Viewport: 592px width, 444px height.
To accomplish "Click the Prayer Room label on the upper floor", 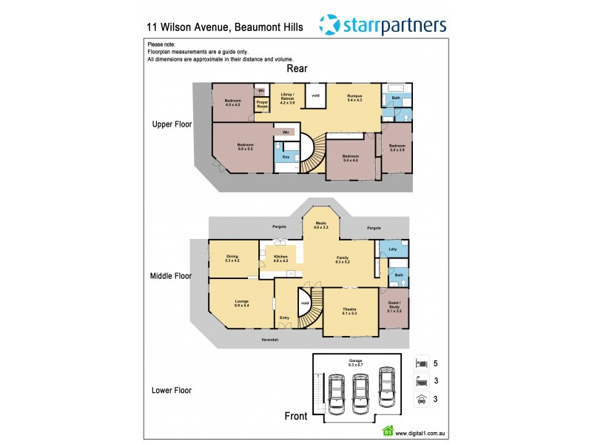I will click(x=262, y=105).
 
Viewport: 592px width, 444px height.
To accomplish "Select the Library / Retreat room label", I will click(x=288, y=97).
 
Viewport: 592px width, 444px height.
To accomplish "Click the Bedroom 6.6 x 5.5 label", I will click(x=245, y=147).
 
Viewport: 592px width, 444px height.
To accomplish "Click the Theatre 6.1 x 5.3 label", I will click(x=349, y=312).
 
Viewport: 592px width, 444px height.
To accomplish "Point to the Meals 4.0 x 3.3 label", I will click(x=321, y=224).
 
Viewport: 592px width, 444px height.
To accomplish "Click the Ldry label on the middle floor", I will click(x=393, y=249).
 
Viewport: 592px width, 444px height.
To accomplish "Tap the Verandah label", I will click(x=269, y=339).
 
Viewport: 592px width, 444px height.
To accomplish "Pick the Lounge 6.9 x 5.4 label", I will click(x=241, y=303).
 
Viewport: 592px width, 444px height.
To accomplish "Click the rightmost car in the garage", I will click(x=386, y=387).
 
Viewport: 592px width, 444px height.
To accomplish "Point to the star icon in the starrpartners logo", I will click(x=330, y=24).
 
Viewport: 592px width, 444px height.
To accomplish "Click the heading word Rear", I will click(x=297, y=68).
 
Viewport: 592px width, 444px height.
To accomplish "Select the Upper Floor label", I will click(x=172, y=124).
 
